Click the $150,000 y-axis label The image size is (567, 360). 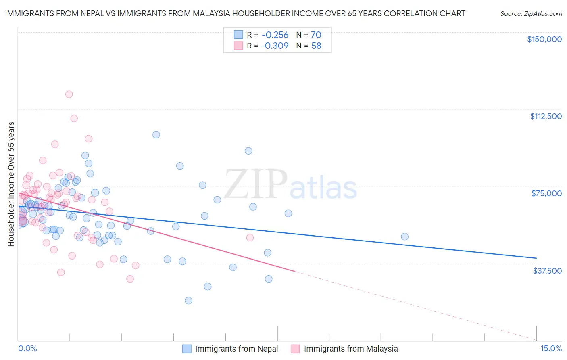click(x=544, y=39)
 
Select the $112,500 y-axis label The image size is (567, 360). click(x=546, y=116)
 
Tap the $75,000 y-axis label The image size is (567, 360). click(x=546, y=193)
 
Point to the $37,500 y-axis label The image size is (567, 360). click(x=547, y=271)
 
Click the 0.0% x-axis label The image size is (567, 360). click(x=27, y=348)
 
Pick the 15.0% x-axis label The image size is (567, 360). click(x=551, y=348)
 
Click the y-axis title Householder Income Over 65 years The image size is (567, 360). click(x=11, y=184)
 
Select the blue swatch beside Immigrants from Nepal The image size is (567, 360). click(x=187, y=349)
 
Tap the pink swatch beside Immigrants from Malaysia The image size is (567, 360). click(x=296, y=349)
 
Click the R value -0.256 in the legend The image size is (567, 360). click(x=275, y=35)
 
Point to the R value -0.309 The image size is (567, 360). click(x=275, y=46)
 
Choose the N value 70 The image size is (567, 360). click(x=316, y=35)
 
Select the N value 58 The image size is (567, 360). click(x=316, y=46)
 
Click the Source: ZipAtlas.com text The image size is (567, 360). click(x=531, y=14)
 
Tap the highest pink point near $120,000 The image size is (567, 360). click(x=69, y=94)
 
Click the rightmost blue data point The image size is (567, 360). click(x=404, y=237)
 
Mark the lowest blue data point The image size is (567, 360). click(x=188, y=301)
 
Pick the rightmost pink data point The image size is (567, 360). click(x=250, y=238)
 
